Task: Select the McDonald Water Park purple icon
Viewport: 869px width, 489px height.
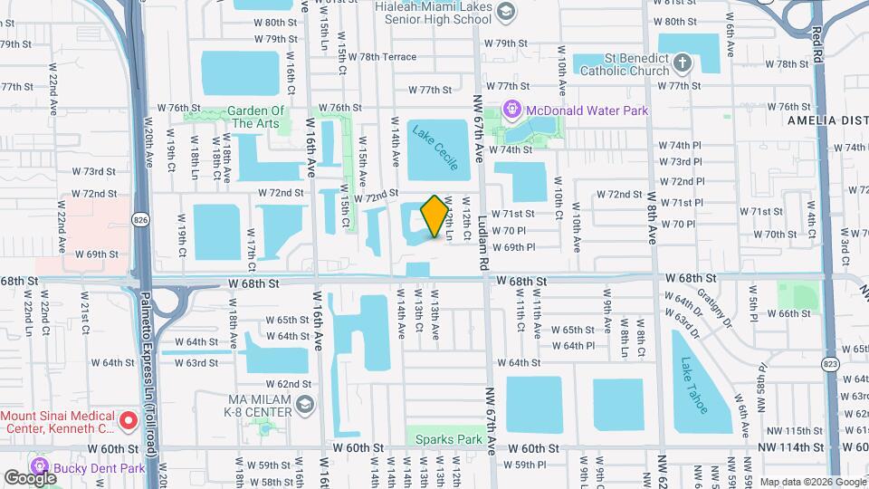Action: click(x=513, y=110)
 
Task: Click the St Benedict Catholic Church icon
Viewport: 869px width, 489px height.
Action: click(x=683, y=62)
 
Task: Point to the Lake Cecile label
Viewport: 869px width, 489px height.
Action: click(x=435, y=147)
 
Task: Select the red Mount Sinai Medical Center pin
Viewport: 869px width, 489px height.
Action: click(x=129, y=420)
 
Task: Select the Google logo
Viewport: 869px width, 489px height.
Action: click(x=30, y=477)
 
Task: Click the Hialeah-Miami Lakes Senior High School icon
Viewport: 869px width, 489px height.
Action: click(x=505, y=11)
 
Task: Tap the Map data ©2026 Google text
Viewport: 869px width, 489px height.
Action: click(x=812, y=482)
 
